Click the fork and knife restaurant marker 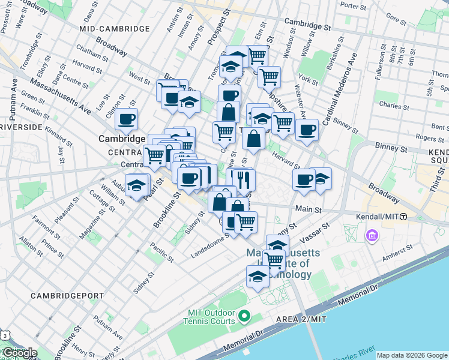pyautogui.click(x=244, y=179)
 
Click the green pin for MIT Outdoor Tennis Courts pyautogui.click(x=244, y=316)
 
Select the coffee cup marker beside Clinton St pyautogui.click(x=127, y=119)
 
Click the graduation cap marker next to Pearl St pyautogui.click(x=137, y=184)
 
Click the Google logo pyautogui.click(x=19, y=353)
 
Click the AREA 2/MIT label pyautogui.click(x=301, y=319)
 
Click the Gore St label pyautogui.click(x=396, y=19)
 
